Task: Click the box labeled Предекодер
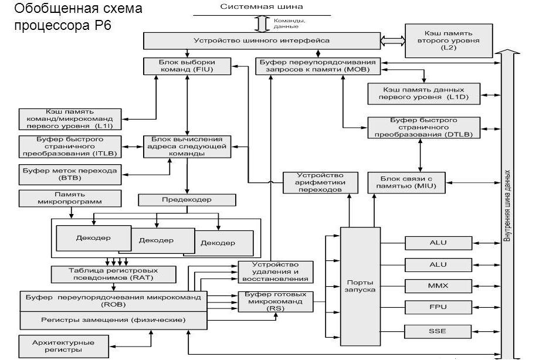tap(187, 200)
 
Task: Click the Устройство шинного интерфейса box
tap(261, 40)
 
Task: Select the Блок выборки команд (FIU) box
tap(186, 66)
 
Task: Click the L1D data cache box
tap(423, 91)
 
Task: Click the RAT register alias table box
tap(114, 274)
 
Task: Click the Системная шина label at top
tap(262, 6)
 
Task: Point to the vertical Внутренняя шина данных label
tap(507, 205)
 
